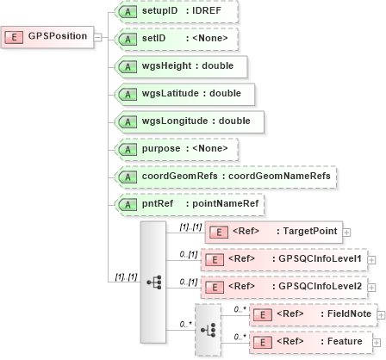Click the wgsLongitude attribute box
click(189, 121)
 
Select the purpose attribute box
click(176, 148)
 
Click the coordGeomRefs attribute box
click(225, 176)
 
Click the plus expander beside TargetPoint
click(346, 232)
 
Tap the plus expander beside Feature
click(377, 342)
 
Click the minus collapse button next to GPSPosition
click(97, 38)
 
